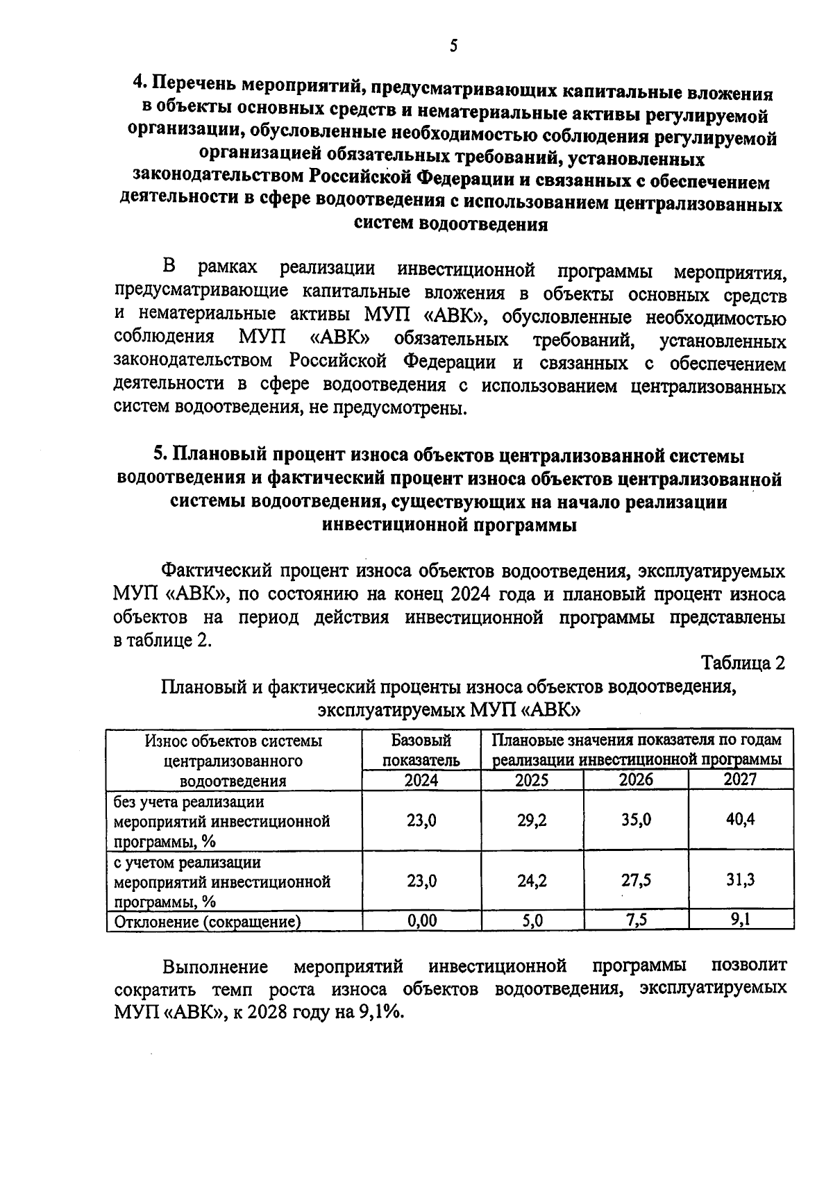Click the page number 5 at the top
(453, 47)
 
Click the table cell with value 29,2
(532, 820)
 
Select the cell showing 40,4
(740, 819)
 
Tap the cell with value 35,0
(636, 820)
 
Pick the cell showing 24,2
(532, 881)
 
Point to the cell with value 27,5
(636, 880)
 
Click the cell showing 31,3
(740, 880)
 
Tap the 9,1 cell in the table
(740, 920)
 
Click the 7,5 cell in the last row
(636, 920)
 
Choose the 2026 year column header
(636, 779)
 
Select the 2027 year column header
(740, 779)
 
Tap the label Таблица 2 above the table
(743, 663)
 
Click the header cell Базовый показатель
(421, 750)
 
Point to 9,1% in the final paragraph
(380, 1011)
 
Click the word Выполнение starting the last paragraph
(215, 966)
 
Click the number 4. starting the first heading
(140, 84)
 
